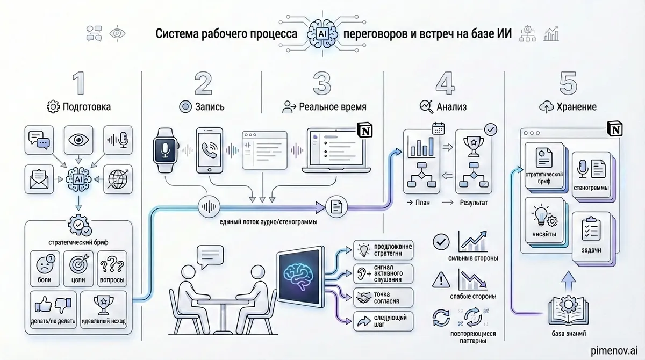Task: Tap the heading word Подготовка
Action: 87,107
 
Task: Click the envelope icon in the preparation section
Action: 39,180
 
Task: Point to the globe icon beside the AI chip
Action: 117,180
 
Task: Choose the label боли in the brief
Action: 44,280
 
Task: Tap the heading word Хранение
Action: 576,107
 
